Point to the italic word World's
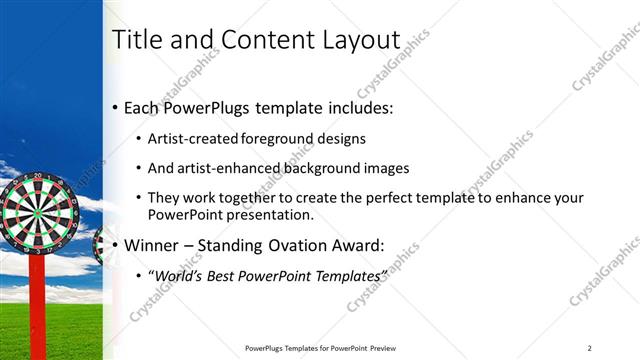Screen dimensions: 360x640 (177, 274)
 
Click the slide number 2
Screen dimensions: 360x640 (590, 347)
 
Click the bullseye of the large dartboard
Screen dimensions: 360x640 (36, 212)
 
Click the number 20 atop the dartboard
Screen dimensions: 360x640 (37, 176)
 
